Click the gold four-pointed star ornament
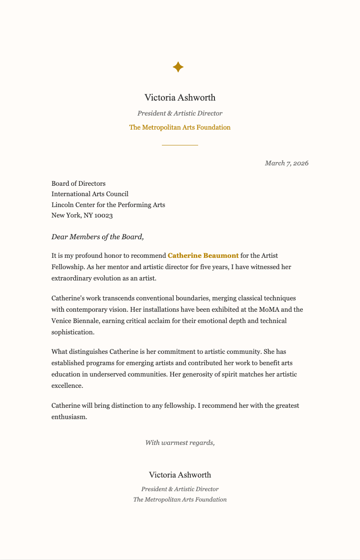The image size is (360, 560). point(178,67)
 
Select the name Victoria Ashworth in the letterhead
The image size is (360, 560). point(180,97)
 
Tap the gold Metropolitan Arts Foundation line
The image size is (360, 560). point(180,127)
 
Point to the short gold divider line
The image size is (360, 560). point(180,145)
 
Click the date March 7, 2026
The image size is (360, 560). point(287,163)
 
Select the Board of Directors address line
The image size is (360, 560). point(78,183)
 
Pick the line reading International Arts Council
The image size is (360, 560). point(90,194)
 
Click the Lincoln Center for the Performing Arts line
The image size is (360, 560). point(108,205)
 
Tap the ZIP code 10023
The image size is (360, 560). point(103,215)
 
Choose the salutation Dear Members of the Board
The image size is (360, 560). point(97,237)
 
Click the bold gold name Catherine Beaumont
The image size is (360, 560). point(203,256)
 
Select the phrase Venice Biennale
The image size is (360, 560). point(75,321)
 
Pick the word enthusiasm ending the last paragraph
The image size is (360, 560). point(68,416)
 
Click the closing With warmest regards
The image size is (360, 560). point(180,443)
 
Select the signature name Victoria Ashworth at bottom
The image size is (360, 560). point(180,475)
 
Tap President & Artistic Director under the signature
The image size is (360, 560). point(180,489)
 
